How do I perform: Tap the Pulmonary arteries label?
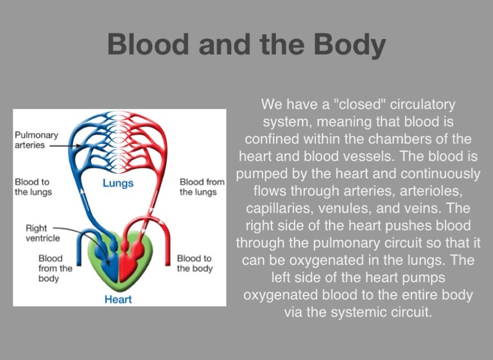point(37,140)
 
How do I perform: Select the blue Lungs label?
point(118,183)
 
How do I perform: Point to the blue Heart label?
point(118,299)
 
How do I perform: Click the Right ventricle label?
point(42,233)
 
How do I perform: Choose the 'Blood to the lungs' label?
point(33,187)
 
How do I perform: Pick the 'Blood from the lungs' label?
point(202,187)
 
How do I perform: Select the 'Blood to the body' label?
point(195,264)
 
